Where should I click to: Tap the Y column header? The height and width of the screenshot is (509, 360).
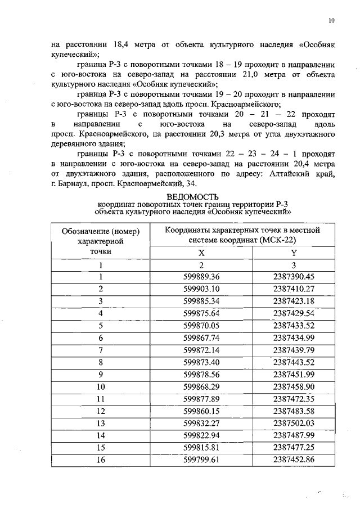click(x=293, y=253)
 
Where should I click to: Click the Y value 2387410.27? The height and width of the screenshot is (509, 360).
click(x=293, y=289)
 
